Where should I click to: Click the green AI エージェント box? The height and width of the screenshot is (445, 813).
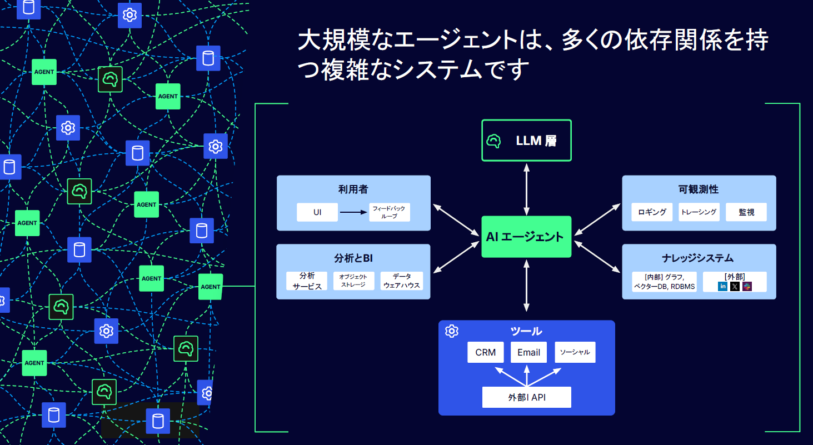(x=526, y=237)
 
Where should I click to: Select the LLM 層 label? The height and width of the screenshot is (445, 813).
(x=536, y=141)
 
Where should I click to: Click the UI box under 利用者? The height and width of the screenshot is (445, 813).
(x=317, y=212)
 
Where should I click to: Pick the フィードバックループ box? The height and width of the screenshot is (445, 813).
(x=389, y=212)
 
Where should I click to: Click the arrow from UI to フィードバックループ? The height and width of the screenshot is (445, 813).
(x=353, y=212)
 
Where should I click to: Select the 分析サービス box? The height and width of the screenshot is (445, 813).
(x=307, y=281)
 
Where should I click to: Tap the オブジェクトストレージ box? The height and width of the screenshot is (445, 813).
(x=353, y=281)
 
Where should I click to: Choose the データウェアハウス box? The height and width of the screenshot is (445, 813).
(x=402, y=281)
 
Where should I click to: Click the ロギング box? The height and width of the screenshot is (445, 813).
(x=652, y=212)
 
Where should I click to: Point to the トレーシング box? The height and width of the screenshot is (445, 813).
(x=699, y=212)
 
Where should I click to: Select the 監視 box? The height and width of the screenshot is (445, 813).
(x=746, y=212)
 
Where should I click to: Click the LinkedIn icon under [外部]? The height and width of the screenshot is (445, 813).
(x=722, y=286)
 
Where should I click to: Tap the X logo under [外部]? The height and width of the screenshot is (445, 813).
(x=735, y=286)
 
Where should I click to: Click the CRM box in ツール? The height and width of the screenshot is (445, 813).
(x=485, y=352)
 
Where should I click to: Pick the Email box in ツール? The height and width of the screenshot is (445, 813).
(x=528, y=352)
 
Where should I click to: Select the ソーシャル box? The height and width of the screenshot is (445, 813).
(x=575, y=352)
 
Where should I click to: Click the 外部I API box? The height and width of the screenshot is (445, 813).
(x=526, y=397)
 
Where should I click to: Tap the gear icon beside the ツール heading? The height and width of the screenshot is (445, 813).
(x=452, y=331)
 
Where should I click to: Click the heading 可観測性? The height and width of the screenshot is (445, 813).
(x=699, y=189)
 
